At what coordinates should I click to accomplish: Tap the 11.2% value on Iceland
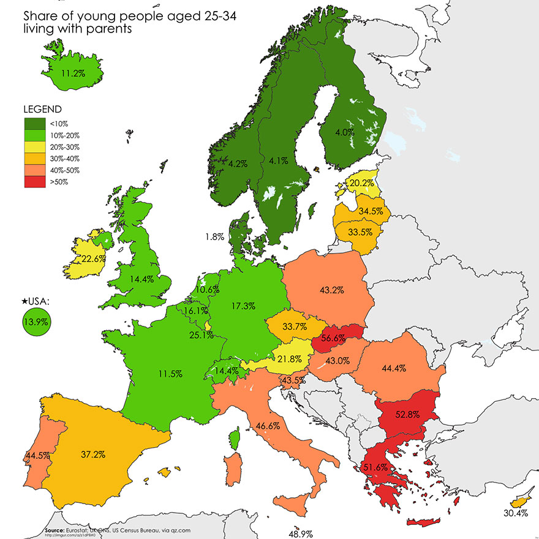coord(73,73)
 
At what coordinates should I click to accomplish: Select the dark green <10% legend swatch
coord(32,124)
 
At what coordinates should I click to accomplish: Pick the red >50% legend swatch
coord(32,181)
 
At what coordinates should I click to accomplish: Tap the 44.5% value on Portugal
coord(37,456)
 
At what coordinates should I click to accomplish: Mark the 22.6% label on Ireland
coord(94,259)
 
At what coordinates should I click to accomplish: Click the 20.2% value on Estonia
coord(361,183)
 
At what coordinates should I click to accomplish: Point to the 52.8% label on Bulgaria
coord(407,414)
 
